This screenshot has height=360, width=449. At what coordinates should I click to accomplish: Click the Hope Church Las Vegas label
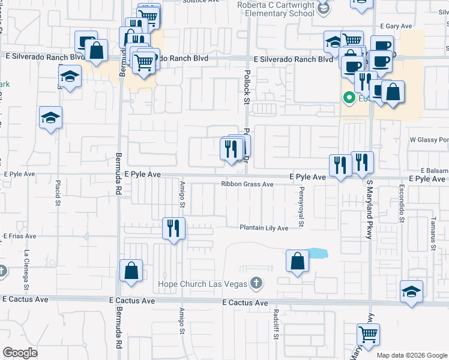pyautogui.click(x=202, y=283)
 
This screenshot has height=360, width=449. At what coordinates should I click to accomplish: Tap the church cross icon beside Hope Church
pyautogui.click(x=256, y=283)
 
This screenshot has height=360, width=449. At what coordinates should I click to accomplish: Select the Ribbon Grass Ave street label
pyautogui.click(x=247, y=184)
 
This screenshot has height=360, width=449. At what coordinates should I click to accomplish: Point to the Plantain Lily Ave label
pyautogui.click(x=264, y=228)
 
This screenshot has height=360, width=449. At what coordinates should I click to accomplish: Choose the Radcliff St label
pyautogui.click(x=276, y=325)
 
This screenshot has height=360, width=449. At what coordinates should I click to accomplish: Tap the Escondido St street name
pyautogui.click(x=400, y=204)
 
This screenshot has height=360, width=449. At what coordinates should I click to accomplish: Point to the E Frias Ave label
pyautogui.click(x=20, y=237)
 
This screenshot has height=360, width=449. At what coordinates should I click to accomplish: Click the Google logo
pyautogui.click(x=20, y=353)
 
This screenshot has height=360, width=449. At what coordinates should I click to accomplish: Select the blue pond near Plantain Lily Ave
pyautogui.click(x=318, y=253)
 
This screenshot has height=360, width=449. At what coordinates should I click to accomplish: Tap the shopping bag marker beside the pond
pyautogui.click(x=297, y=260)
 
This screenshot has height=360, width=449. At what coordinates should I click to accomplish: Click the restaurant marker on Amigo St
pyautogui.click(x=174, y=228)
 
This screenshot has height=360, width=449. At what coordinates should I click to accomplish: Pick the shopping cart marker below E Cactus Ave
pyautogui.click(x=368, y=334)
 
